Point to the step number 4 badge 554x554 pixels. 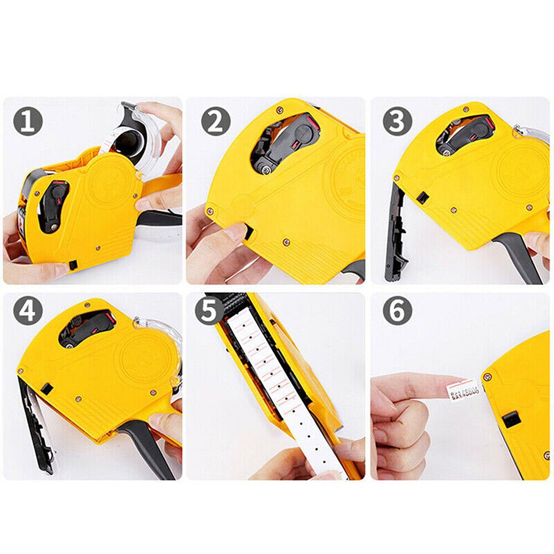(x=28, y=311)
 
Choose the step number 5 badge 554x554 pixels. (x=209, y=311)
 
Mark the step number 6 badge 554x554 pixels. (x=398, y=311)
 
